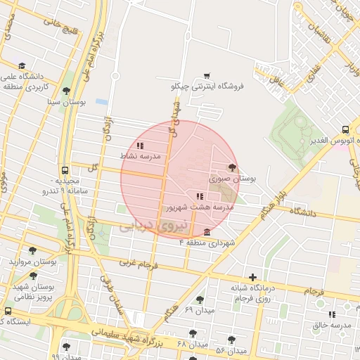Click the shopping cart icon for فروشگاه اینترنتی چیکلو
pyautogui.click(x=206, y=75)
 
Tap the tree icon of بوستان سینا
pyautogui.click(x=66, y=91)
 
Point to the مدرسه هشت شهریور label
pyautogui.click(x=199, y=208)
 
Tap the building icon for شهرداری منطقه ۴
pyautogui.click(x=206, y=233)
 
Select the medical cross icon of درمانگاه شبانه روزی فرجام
pyautogui.click(x=252, y=277)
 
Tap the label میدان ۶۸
pyautogui.click(x=193, y=344)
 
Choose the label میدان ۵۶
pyautogui.click(x=231, y=350)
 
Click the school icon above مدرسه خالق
pyautogui.click(x=331, y=314)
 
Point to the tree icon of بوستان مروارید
pyautogui.click(x=32, y=250)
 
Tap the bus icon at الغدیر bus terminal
pyautogui.click(x=345, y=129)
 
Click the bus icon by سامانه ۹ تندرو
pyautogui.click(x=65, y=170)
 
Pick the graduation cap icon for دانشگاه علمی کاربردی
pyautogui.click(x=22, y=65)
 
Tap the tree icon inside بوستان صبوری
pyautogui.click(x=232, y=167)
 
